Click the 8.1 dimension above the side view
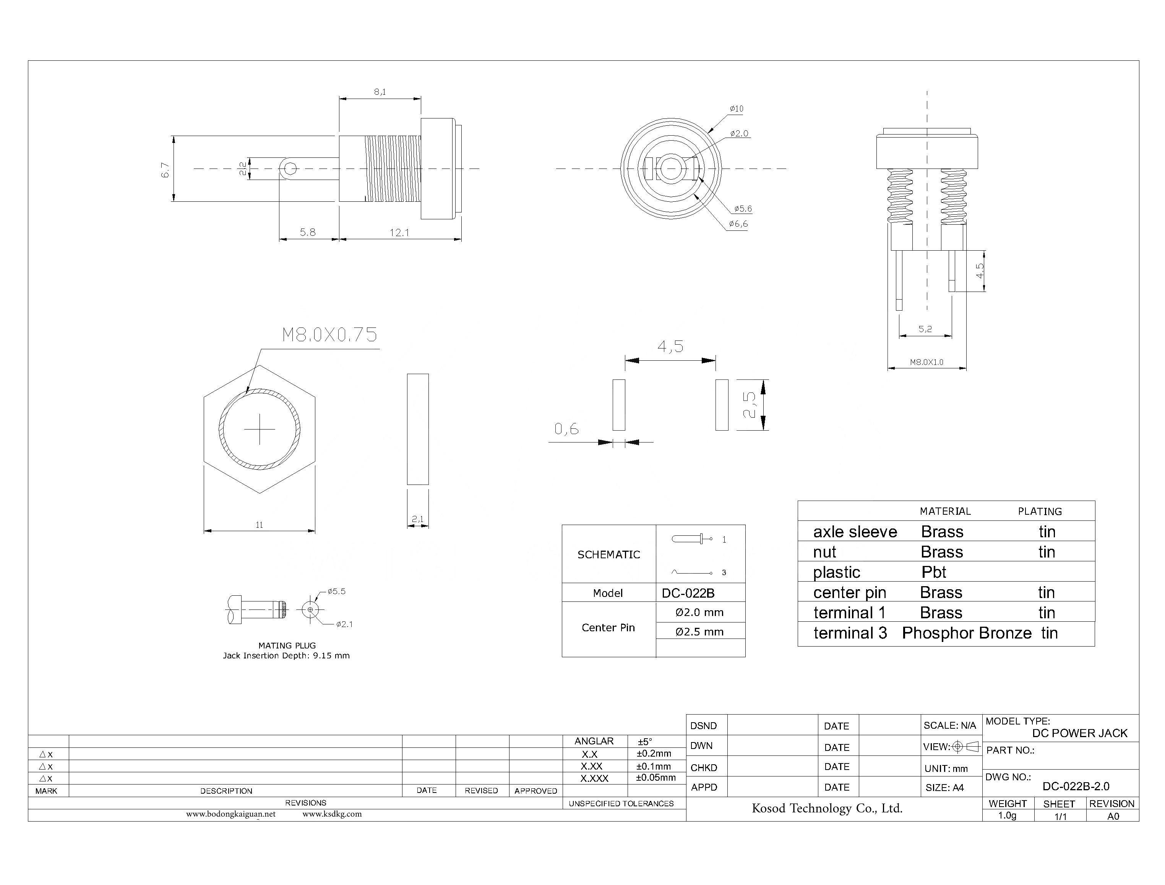coord(380,92)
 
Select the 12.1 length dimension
coord(399,232)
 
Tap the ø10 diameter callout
coord(736,109)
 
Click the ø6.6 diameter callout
coord(738,224)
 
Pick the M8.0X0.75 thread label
coord(330,335)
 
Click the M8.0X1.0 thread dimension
coord(926,362)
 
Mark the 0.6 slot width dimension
coord(566,430)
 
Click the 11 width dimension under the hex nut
coord(259,525)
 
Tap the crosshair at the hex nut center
coord(260,430)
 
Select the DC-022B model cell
coord(688,593)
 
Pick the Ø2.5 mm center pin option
coord(699,632)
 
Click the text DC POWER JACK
coord(1079,733)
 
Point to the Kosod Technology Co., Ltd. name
coord(827,809)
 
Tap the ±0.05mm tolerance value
coord(656,778)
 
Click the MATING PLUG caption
coord(287,645)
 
